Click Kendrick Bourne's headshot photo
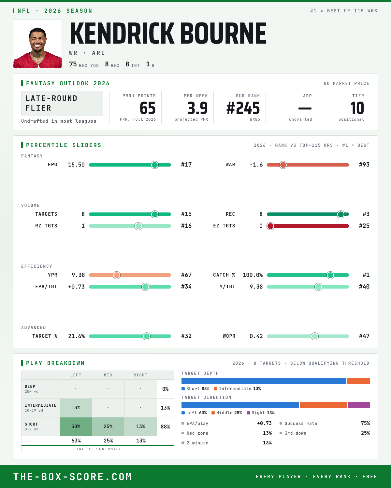37,44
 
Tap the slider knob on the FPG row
155,165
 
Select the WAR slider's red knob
283,165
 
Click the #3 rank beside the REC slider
366,214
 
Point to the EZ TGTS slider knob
270,226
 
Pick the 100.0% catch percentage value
253,275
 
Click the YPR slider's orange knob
117,275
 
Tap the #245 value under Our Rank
243,108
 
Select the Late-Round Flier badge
62,103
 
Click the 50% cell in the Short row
76,427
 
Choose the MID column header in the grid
108,375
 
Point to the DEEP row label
30,386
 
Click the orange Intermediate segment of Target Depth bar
358,381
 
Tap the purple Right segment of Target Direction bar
359,405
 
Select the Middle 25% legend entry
227,413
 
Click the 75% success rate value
365,423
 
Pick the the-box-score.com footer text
73,477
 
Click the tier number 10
357,108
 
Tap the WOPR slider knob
315,336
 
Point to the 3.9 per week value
198,108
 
